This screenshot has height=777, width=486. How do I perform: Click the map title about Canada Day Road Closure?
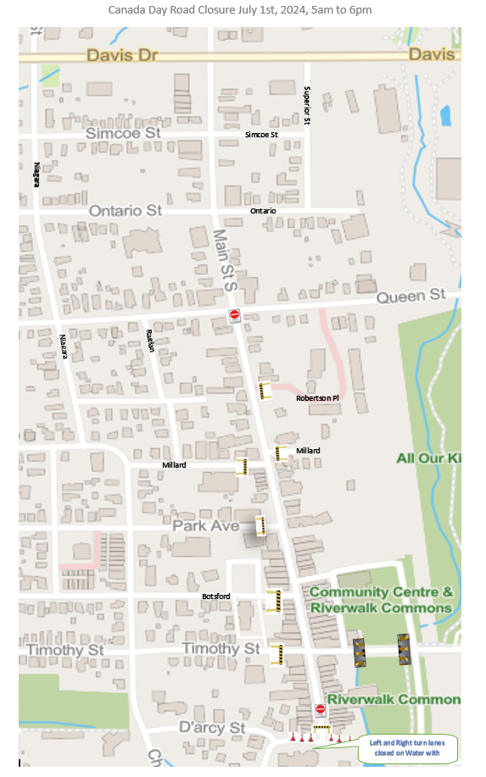pyautogui.click(x=239, y=10)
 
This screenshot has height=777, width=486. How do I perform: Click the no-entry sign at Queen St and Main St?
pyautogui.click(x=235, y=315)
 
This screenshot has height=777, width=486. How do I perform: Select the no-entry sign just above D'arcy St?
pyautogui.click(x=320, y=709)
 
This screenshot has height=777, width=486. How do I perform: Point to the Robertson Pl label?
pyautogui.click(x=317, y=397)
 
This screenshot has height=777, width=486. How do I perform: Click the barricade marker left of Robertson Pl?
pyautogui.click(x=265, y=390)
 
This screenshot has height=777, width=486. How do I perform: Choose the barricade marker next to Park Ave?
pyautogui.click(x=261, y=525)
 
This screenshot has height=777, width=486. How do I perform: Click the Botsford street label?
pyautogui.click(x=216, y=597)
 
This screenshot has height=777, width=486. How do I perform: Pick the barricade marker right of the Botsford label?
pyautogui.click(x=273, y=600)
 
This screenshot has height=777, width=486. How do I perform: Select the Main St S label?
pyautogui.click(x=226, y=260)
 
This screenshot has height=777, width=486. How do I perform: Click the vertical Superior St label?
pyautogui.click(x=307, y=106)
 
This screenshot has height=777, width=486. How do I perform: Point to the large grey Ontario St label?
pyautogui.click(x=125, y=210)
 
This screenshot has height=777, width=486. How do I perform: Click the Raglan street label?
pyautogui.click(x=149, y=340)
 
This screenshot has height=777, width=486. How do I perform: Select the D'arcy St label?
pyautogui.click(x=211, y=728)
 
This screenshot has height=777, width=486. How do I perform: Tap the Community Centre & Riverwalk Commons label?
pyautogui.click(x=381, y=600)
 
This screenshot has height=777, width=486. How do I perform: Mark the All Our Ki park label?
pyautogui.click(x=428, y=458)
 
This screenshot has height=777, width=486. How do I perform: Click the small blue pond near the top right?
pyautogui.click(x=446, y=113)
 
